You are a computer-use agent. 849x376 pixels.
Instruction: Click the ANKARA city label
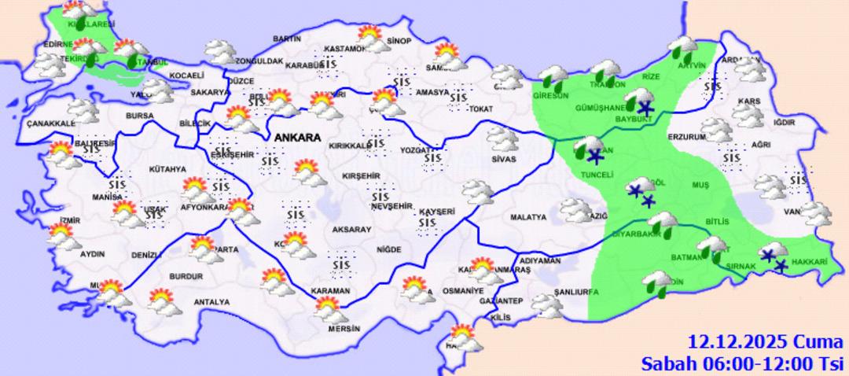tap(297, 138)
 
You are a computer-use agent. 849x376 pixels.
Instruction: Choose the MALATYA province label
tap(527, 217)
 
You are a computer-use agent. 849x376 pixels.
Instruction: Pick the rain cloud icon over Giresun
tap(553, 78)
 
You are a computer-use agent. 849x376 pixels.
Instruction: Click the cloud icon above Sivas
tap(502, 139)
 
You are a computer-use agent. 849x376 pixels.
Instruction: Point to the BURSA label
tap(138, 116)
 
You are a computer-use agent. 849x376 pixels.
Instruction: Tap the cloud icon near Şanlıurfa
tap(546, 304)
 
